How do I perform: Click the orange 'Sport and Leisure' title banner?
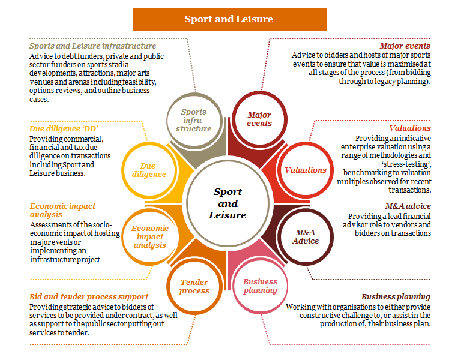(x=229, y=19)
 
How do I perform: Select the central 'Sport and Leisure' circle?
(x=227, y=203)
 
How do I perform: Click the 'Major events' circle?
(x=259, y=119)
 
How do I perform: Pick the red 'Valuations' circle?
(x=305, y=170)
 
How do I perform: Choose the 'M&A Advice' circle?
(x=307, y=236)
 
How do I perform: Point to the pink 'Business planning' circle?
(x=260, y=286)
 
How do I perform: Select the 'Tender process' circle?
(x=194, y=286)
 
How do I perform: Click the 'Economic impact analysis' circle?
(x=149, y=236)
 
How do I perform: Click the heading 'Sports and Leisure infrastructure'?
(x=92, y=46)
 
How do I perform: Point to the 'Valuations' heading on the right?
(x=409, y=128)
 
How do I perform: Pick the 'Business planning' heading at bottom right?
(x=396, y=296)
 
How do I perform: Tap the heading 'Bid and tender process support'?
(x=89, y=296)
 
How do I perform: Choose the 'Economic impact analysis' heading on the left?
(x=62, y=210)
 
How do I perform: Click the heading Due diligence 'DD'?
(x=64, y=128)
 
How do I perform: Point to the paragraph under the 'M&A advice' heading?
(x=388, y=224)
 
